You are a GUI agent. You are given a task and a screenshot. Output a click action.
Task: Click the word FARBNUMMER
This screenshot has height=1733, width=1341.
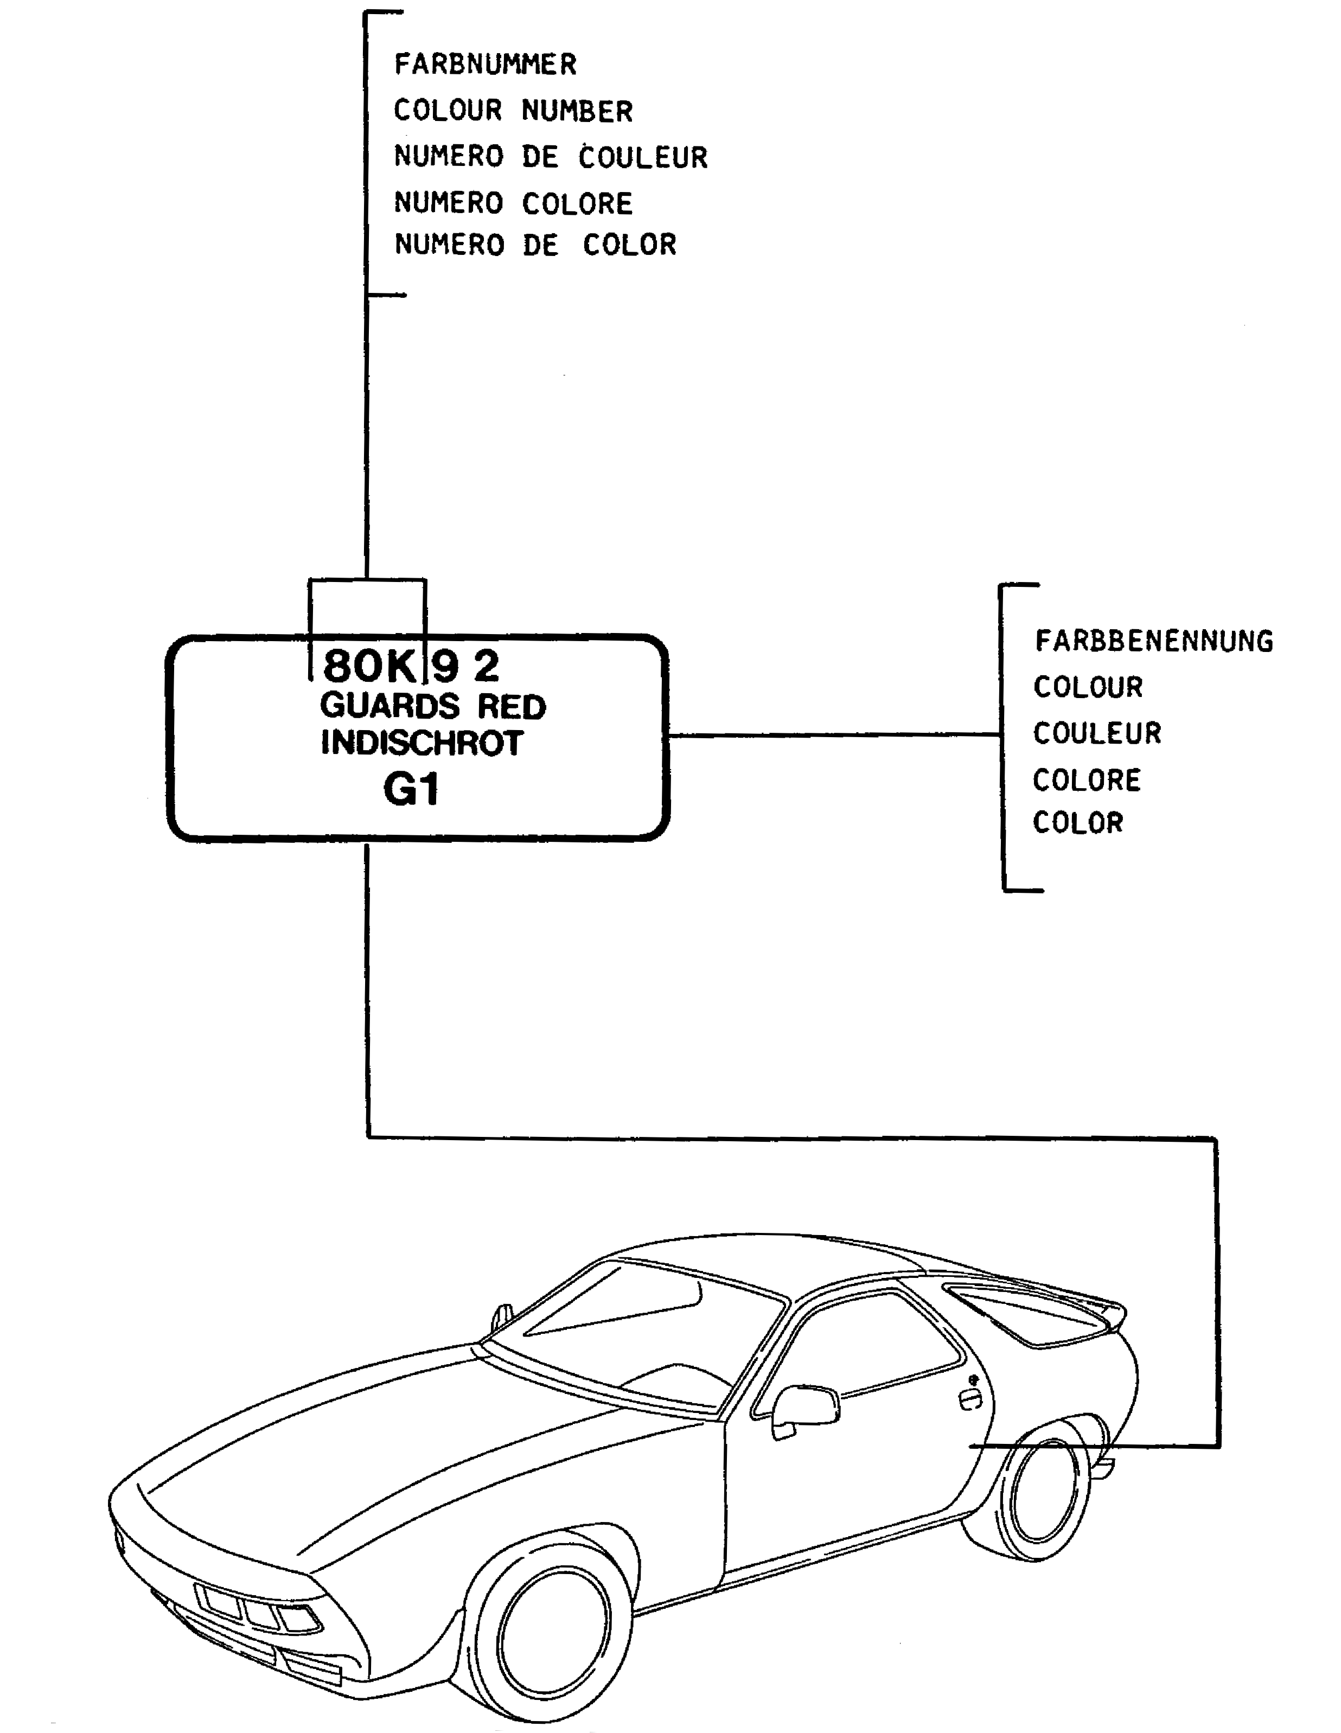click(x=486, y=64)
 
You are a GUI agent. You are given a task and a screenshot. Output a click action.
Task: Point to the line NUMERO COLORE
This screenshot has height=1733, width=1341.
click(x=513, y=203)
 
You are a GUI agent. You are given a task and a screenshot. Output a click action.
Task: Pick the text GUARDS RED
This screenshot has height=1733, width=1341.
click(x=433, y=706)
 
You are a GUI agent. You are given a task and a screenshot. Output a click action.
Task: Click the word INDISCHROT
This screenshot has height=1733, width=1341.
click(x=422, y=743)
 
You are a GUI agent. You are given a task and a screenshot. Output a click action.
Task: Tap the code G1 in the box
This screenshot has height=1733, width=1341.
click(x=411, y=790)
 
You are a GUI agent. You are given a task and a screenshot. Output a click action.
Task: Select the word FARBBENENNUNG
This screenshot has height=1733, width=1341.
click(x=1154, y=641)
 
